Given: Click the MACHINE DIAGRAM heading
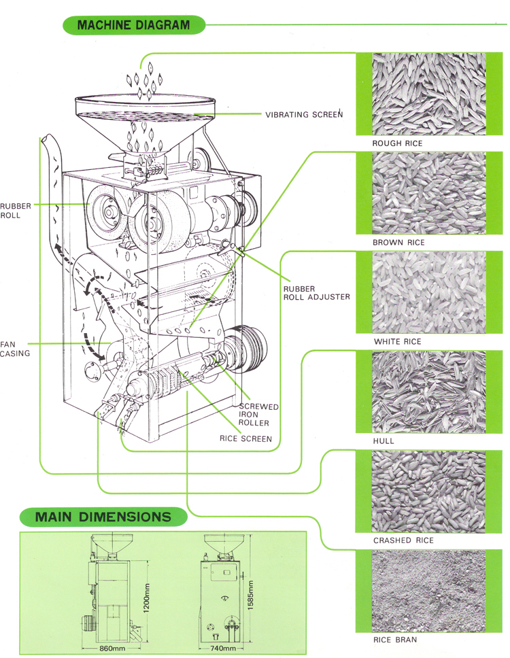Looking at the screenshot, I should click(133, 26).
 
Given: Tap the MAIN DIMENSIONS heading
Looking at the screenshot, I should click(103, 517).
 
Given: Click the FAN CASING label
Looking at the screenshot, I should click(14, 349).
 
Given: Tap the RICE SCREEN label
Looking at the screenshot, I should click(246, 438).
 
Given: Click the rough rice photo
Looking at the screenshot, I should click(428, 93).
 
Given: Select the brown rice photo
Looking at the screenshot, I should click(428, 193).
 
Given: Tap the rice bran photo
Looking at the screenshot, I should click(428, 591).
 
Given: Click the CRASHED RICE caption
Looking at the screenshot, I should click(403, 540).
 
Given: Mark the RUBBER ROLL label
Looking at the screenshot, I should click(11, 210).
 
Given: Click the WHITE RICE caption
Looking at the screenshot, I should click(397, 341).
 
